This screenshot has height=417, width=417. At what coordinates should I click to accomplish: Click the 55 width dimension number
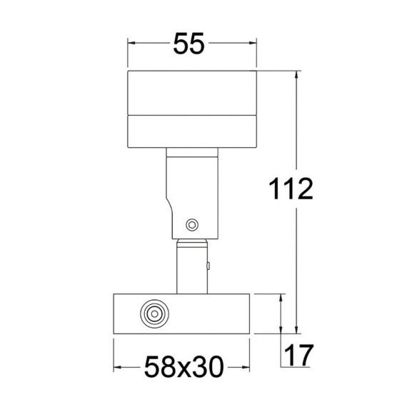point(189,44)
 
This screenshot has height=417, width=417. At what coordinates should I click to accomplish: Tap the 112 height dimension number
point(291,189)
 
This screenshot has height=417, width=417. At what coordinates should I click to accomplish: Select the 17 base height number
point(299,355)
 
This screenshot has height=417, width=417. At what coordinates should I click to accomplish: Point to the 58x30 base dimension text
point(184,367)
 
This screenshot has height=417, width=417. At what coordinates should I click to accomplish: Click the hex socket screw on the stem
point(192,226)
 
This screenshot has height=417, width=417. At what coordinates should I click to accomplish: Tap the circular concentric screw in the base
point(154,313)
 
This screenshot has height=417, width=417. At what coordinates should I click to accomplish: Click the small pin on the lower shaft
point(208,266)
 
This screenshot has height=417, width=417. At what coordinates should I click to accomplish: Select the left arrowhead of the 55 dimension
point(131,43)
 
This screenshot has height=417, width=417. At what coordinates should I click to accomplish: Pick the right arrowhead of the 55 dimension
point(252,43)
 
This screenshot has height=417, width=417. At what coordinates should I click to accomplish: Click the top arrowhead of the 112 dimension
point(297,75)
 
